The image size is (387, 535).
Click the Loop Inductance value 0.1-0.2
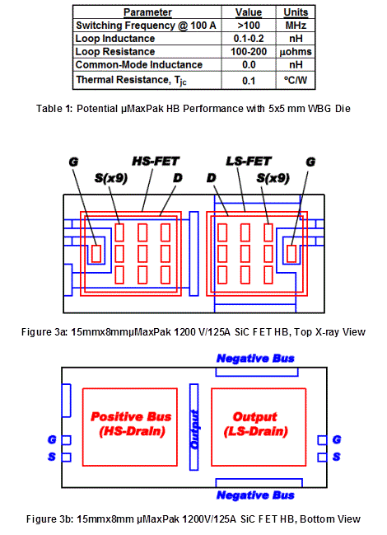pos(249,39)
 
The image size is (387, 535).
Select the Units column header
pos(296,12)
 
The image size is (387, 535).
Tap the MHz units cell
pos(296,26)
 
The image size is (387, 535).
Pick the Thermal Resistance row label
pos(131,80)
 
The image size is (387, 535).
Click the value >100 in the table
pos(249,26)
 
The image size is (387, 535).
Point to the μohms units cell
pos(296,52)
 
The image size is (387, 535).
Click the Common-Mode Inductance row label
pos(139,65)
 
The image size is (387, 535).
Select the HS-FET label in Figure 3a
pos(156,161)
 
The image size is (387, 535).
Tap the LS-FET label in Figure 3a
pos(249,161)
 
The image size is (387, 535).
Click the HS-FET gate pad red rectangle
pos(96,254)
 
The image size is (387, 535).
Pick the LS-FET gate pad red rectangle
pos(291,254)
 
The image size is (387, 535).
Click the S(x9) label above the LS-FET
pos(273,178)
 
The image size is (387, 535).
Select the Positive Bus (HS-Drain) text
pos(131,424)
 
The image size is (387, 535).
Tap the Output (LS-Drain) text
pos(255,424)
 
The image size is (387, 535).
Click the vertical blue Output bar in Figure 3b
pos(193,427)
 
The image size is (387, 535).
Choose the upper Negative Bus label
pos(255,359)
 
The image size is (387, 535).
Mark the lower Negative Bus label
pos(255,495)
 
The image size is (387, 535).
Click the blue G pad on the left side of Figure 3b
pos(67,440)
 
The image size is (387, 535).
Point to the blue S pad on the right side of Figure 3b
pos(322,458)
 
